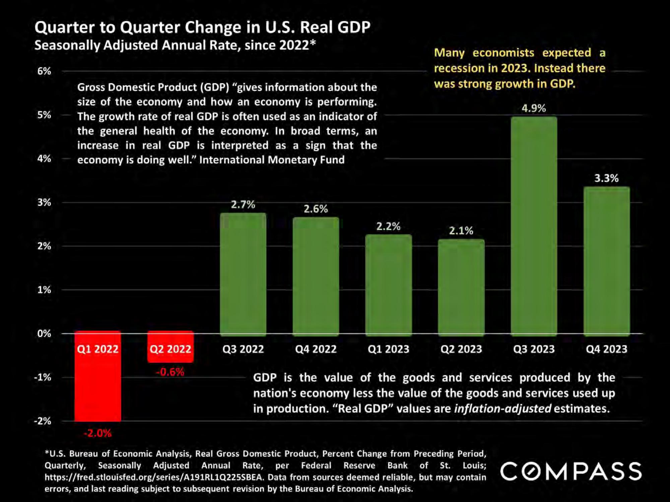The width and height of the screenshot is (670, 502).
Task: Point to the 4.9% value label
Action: (x=534, y=108)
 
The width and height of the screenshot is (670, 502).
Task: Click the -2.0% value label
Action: (x=97, y=433)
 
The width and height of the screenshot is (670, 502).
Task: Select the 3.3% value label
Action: (x=606, y=178)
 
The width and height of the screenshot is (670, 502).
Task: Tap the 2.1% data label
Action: (x=461, y=231)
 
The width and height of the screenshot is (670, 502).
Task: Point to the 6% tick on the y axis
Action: (x=44, y=71)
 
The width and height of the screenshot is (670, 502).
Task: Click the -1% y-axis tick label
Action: (x=43, y=378)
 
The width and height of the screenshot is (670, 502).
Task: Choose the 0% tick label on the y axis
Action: (x=44, y=334)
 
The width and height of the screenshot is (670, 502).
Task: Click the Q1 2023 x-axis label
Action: (x=388, y=349)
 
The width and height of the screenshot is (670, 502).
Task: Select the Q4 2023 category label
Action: (x=606, y=349)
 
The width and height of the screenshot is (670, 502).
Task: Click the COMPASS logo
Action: (x=571, y=472)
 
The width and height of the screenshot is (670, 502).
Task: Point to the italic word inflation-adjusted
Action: (x=503, y=409)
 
